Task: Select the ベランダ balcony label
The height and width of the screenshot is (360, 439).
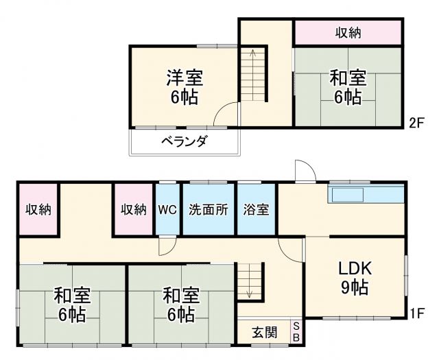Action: [184, 142]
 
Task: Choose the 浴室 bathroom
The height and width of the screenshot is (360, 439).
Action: [256, 211]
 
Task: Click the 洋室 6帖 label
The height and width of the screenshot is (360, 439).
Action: [184, 86]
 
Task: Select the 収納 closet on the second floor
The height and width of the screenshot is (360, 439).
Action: [348, 32]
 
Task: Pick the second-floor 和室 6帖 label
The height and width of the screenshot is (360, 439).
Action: [348, 86]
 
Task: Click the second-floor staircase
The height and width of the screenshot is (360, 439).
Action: [252, 75]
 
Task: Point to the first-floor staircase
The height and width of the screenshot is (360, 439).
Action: [250, 280]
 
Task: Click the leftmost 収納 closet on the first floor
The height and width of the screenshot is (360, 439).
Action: [38, 210]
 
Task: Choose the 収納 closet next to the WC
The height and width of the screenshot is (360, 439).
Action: [134, 210]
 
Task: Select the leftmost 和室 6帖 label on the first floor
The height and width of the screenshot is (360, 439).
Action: [71, 305]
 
